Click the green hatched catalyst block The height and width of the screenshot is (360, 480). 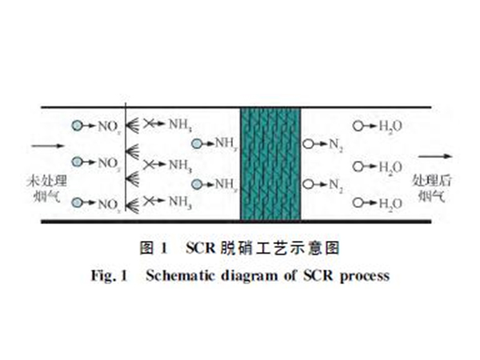pos(270,164)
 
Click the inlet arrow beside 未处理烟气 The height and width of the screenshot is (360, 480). pos(38,146)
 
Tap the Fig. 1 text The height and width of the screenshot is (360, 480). pos(110,276)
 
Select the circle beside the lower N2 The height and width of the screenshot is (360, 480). pos(307,184)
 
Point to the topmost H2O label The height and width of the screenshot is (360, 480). pos(390,126)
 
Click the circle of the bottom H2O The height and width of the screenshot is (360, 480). pos(358,202)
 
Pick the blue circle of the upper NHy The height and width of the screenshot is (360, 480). pos(197,145)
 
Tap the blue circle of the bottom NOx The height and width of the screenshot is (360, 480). pos(77,202)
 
